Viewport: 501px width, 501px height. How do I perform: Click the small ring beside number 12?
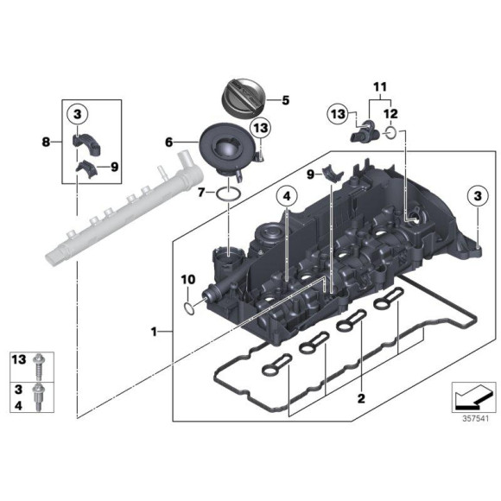tap(393, 134)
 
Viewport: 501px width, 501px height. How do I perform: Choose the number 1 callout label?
tap(154, 331)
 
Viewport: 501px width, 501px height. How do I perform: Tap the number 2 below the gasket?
tap(361, 398)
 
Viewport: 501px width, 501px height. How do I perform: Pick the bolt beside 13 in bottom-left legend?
tap(40, 362)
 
